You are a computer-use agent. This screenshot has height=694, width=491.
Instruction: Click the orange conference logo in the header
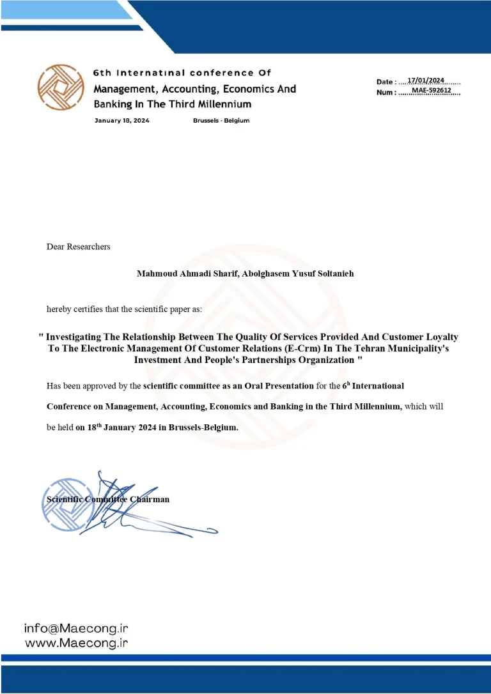[61, 88]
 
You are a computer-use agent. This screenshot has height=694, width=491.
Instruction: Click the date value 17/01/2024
[426, 80]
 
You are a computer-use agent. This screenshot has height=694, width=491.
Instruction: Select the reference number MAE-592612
[432, 90]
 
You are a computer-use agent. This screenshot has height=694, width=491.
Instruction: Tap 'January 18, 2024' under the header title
[121, 121]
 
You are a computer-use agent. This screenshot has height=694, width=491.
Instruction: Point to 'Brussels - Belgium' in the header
[221, 121]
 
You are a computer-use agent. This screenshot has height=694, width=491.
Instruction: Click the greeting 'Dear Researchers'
[78, 247]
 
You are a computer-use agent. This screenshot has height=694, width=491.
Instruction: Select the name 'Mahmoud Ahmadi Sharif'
[187, 274]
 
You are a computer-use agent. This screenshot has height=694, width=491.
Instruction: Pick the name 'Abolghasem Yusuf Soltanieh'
[299, 274]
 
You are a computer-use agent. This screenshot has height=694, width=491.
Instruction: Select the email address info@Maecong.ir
[76, 628]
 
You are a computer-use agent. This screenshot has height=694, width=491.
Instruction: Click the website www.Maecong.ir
[76, 643]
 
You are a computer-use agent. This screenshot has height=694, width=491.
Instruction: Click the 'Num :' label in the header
[386, 93]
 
